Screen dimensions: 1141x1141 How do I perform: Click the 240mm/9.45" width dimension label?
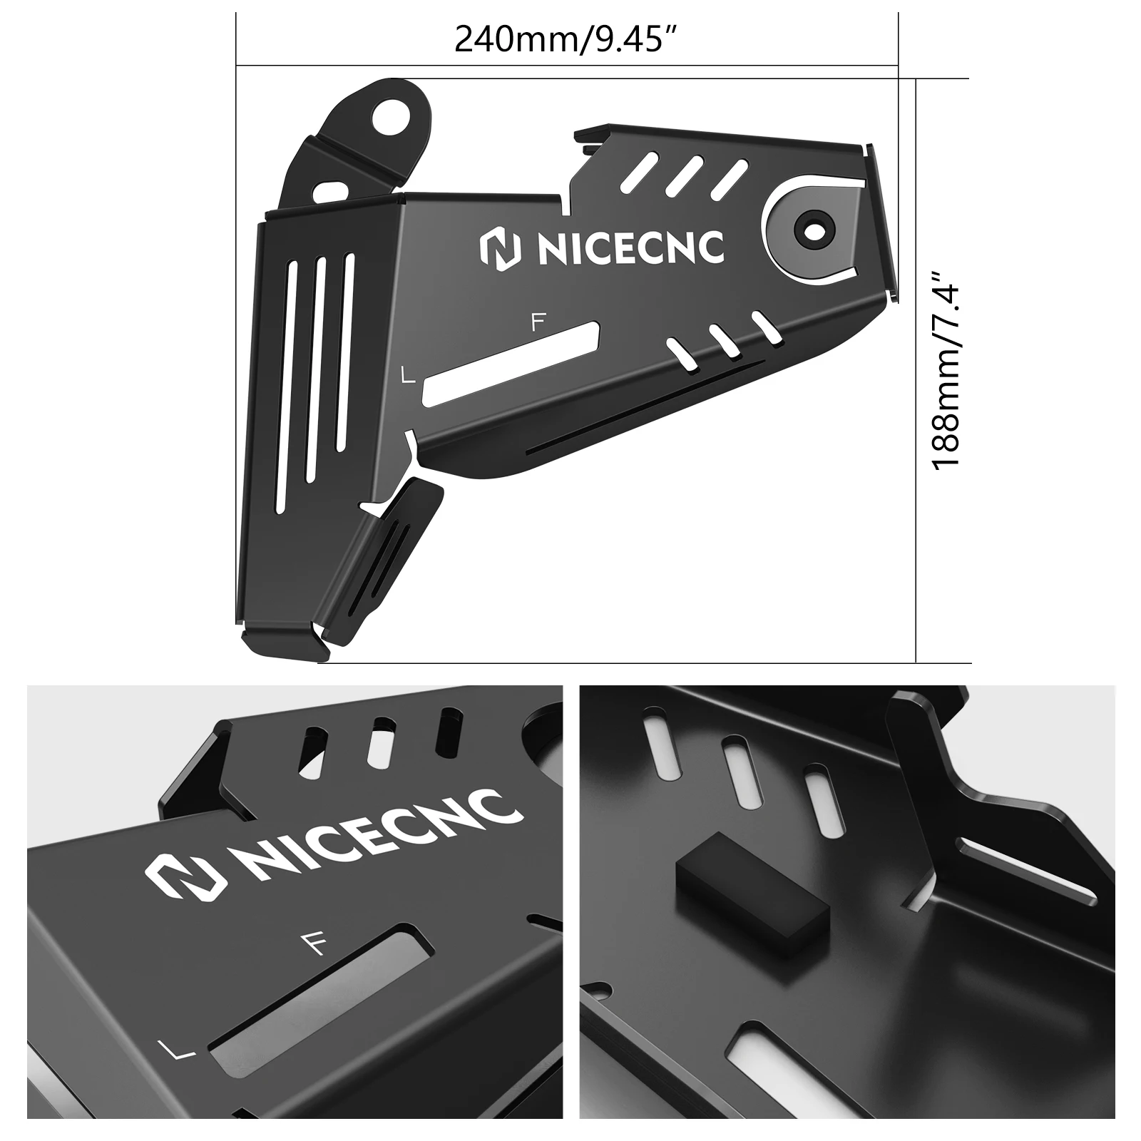(x=565, y=39)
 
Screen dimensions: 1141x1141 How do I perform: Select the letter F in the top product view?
(x=538, y=323)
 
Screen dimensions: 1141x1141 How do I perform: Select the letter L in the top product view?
(x=408, y=375)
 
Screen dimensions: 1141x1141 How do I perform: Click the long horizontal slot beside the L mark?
(x=511, y=364)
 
